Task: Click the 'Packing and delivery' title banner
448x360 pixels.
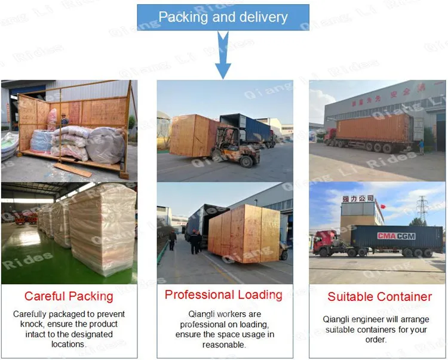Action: tap(223, 17)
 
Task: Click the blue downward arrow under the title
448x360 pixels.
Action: tap(223, 57)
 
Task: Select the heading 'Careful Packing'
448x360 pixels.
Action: tap(69, 296)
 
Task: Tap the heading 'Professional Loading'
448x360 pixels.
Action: tap(223, 295)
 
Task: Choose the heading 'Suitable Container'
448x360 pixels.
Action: tap(379, 297)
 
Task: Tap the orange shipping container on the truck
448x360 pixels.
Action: tap(373, 128)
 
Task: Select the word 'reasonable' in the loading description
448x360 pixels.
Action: tap(224, 344)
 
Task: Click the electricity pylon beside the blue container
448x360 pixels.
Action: tap(422, 209)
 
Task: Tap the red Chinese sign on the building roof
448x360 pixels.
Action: tap(358, 198)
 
